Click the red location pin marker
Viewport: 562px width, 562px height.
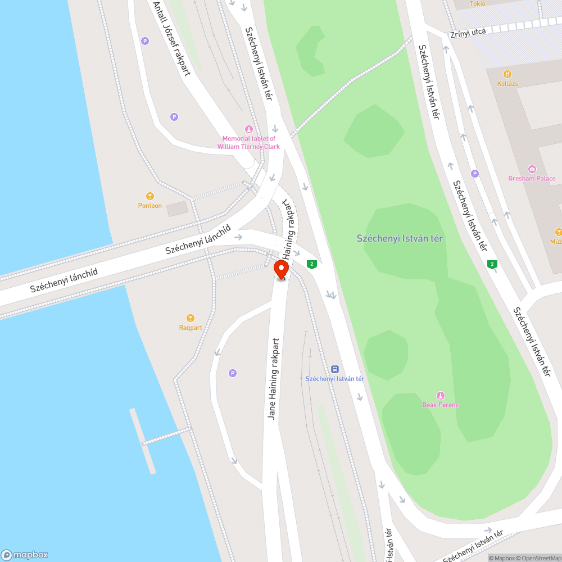click(282, 269)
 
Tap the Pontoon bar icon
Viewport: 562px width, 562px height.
click(150, 196)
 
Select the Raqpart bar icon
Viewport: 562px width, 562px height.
click(191, 318)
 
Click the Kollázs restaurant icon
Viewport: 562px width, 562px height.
click(507, 74)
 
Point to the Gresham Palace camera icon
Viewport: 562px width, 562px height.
click(532, 169)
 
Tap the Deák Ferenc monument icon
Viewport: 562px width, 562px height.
click(441, 395)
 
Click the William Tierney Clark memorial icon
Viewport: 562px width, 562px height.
click(249, 129)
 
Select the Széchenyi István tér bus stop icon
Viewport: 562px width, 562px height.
click(335, 369)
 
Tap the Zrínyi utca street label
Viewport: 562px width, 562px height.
click(468, 33)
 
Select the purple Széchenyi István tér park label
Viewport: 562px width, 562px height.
click(400, 238)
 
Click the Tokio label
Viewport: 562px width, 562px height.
click(478, 3)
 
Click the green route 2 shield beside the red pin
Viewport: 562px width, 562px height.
click(311, 264)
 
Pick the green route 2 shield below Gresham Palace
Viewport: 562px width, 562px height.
click(492, 264)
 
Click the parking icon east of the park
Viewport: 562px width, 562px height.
click(475, 173)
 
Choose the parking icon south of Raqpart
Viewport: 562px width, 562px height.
click(233, 373)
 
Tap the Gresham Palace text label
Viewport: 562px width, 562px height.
click(532, 179)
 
